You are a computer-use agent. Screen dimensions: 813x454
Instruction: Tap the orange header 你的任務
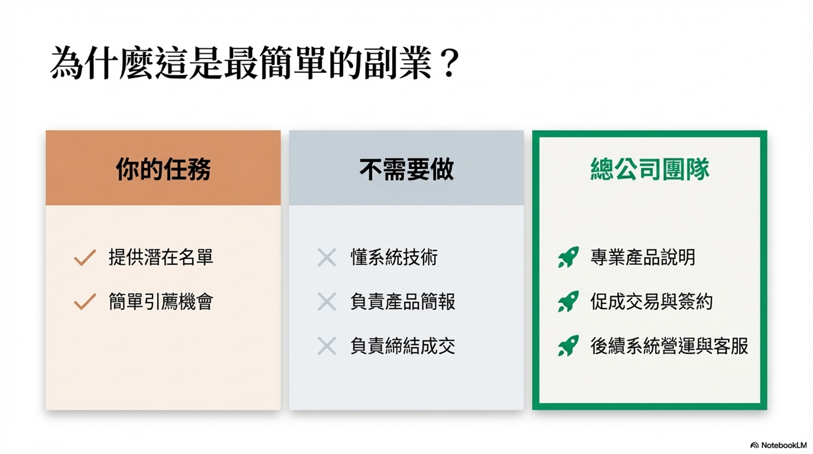point(163,169)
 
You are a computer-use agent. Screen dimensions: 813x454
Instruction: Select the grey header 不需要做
point(407,169)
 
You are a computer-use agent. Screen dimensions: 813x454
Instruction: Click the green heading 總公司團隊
point(650,169)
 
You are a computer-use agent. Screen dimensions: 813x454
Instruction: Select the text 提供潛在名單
point(161,257)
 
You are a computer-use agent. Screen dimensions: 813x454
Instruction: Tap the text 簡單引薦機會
point(161,301)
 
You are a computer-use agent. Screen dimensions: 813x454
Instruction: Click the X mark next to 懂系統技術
point(327,258)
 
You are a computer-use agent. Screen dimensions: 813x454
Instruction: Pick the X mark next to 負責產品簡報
point(327,302)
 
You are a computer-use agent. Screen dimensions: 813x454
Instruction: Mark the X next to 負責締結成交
point(327,346)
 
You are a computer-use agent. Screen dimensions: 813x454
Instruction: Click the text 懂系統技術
point(394,257)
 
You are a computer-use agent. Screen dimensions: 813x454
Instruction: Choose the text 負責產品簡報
point(403,301)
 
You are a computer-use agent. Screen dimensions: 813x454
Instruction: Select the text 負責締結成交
point(403,346)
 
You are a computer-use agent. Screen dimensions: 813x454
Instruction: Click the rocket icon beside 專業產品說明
point(569,257)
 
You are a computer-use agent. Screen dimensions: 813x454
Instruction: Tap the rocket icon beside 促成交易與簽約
point(569,301)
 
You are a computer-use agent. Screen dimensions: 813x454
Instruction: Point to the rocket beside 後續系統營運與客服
point(569,346)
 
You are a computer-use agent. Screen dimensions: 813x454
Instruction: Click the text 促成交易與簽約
point(652,301)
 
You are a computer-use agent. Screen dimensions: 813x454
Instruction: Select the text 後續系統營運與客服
point(669,346)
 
